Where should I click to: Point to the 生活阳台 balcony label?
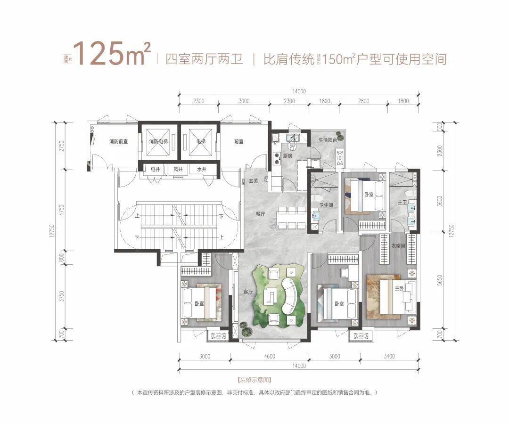[328, 140]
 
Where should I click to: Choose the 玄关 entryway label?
[254, 181]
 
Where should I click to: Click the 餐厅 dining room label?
[261, 214]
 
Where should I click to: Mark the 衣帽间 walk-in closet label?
[398, 245]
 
